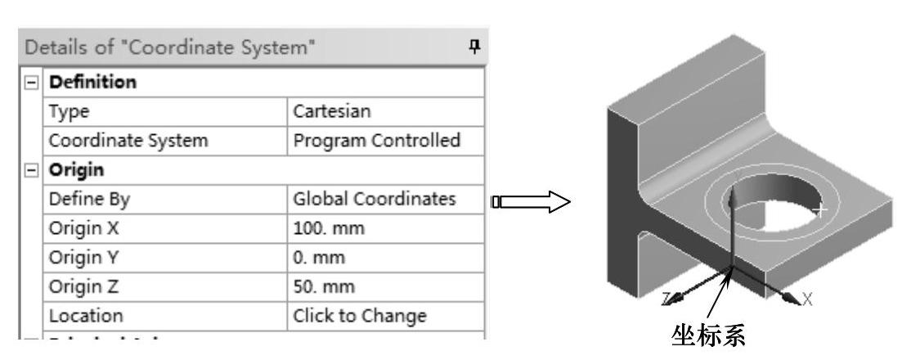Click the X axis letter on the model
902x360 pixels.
807,299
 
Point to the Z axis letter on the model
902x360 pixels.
667,297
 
